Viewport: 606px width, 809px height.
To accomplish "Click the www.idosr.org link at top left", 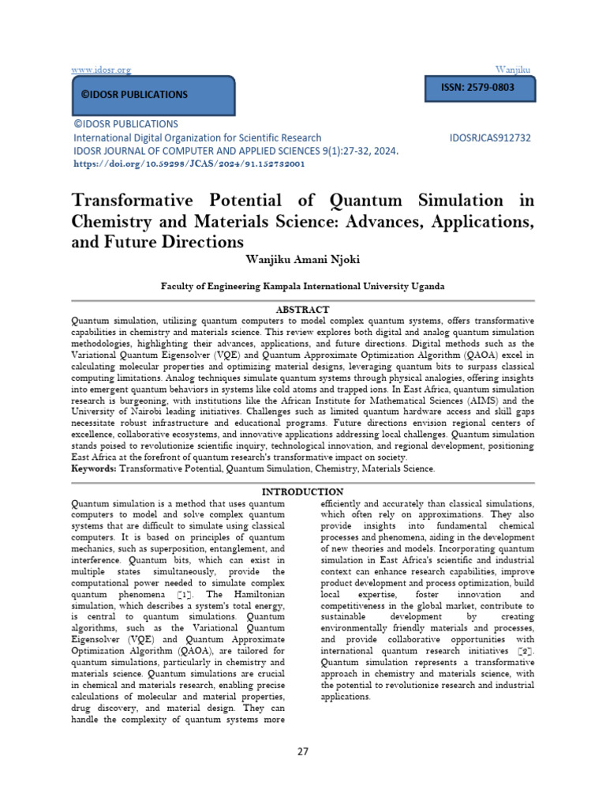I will click(101, 70).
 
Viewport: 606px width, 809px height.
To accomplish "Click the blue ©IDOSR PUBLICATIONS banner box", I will click(152, 96).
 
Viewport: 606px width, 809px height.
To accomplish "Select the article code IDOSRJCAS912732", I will click(490, 137).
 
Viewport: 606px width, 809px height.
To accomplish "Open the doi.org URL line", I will click(188, 164).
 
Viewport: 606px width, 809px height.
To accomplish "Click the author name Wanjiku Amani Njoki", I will click(302, 258).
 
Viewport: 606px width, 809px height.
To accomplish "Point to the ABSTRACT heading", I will click(302, 310).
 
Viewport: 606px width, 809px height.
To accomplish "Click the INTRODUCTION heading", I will click(302, 492).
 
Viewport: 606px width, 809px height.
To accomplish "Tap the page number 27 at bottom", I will click(302, 751).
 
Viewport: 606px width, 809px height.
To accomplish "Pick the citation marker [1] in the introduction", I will click(183, 593).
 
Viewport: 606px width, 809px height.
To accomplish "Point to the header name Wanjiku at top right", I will click(514, 70).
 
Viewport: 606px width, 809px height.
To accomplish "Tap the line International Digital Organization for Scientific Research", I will click(197, 137).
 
